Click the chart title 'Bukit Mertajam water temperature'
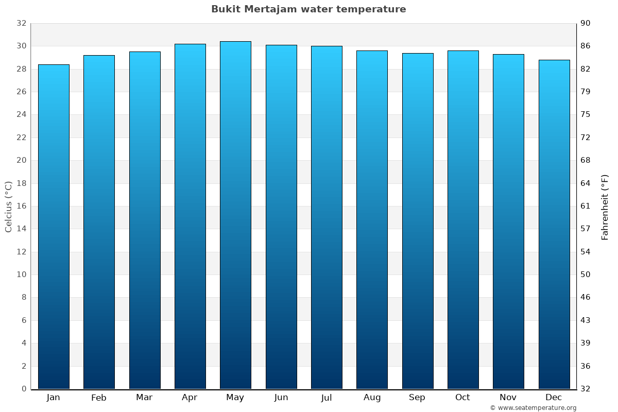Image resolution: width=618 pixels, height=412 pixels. point(308,9)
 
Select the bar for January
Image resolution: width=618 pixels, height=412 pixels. point(54,227)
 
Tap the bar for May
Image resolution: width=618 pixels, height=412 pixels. point(235,215)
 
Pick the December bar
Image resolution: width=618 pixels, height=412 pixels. point(554,225)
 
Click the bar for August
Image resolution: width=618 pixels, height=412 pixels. point(372,220)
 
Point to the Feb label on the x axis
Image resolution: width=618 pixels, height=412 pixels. point(98,398)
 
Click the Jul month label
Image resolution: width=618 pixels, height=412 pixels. point(326,398)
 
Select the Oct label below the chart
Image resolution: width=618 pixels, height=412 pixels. point(462,398)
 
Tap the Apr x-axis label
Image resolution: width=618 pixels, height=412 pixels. point(190,398)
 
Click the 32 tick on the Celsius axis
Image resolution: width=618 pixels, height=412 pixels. point(21,23)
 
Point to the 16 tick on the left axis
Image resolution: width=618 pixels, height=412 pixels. point(21,206)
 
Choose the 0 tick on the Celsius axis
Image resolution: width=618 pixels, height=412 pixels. point(24,389)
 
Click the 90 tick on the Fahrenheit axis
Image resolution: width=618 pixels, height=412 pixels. point(586,23)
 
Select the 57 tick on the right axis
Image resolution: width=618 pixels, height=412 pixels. point(586,229)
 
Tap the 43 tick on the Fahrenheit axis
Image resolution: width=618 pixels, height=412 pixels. point(586,320)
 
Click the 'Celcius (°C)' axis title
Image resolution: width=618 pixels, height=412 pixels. point(9,207)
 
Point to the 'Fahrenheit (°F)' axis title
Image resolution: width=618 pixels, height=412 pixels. point(605,207)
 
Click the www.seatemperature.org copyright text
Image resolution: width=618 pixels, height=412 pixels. point(533,408)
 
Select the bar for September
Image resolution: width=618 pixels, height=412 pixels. point(418,221)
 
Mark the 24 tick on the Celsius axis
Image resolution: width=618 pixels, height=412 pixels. point(21,114)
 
